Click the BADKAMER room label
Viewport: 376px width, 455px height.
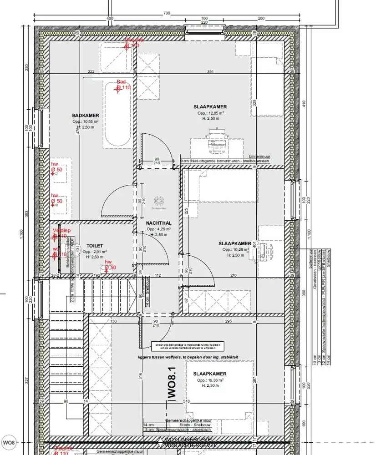85,116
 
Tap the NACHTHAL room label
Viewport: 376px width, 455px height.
158,223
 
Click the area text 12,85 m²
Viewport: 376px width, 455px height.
211,113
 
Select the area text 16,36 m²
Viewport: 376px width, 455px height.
210,379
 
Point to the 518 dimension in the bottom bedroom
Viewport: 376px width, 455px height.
186,401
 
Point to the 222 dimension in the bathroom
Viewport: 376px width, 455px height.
91,72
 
